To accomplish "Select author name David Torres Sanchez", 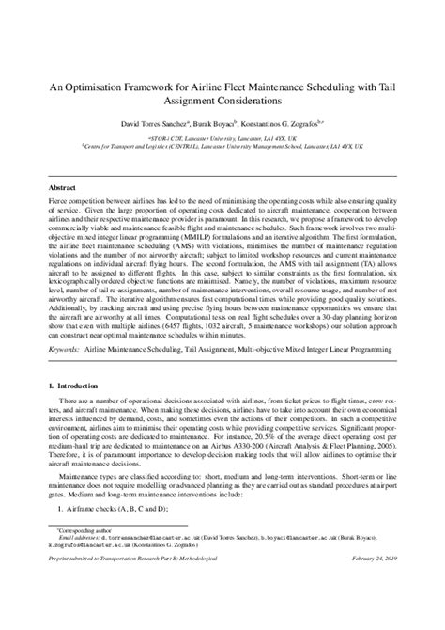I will click(156, 123).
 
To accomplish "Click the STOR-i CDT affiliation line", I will click(222, 137).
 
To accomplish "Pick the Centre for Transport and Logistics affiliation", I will click(222, 147).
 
